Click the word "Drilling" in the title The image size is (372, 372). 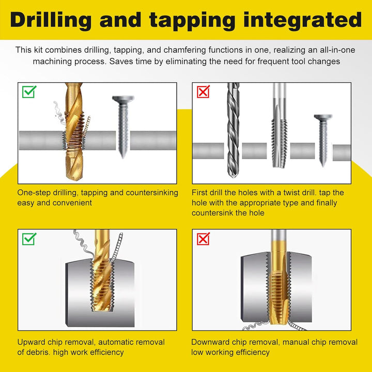click(51, 20)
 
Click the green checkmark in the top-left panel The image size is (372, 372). click(29, 91)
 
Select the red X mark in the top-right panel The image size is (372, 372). click(204, 91)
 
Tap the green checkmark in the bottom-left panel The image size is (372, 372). click(29, 239)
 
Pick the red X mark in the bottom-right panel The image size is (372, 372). click(204, 239)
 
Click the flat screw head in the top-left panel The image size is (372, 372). click(123, 99)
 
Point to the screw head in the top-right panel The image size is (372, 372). click(323, 117)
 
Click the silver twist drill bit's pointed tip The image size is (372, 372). click(233, 176)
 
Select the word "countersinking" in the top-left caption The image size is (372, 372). click(152, 193)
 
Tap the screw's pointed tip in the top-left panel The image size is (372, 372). click(123, 157)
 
